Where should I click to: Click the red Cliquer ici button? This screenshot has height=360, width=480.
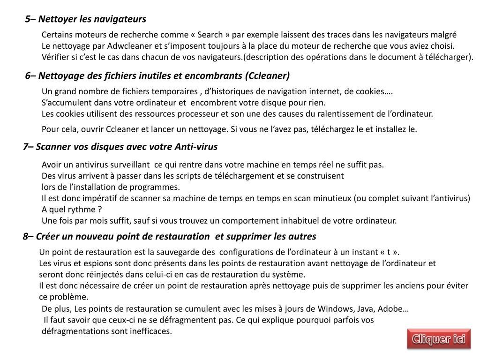(x=439, y=339)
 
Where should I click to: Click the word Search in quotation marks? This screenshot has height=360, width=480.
(x=210, y=35)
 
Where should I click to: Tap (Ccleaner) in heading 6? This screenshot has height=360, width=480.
(x=267, y=75)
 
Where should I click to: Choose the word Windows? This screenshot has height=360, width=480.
(x=336, y=309)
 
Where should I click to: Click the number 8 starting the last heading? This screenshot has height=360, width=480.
(x=25, y=236)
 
